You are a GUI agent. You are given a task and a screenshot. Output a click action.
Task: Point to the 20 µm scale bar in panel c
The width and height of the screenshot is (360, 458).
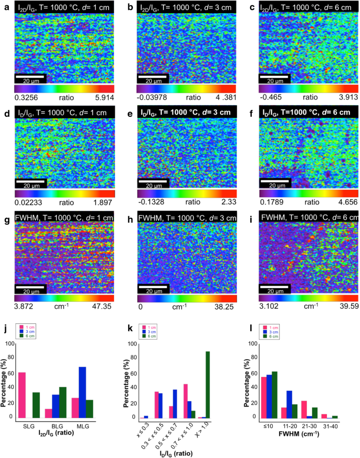point(275,78)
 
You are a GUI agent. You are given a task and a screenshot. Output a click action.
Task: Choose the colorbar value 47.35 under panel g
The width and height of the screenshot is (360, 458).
point(104,303)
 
